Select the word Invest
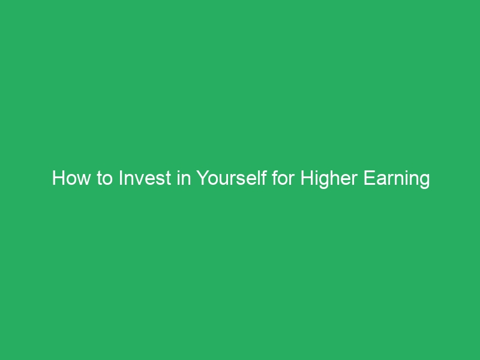click(141, 179)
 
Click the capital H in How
click(58, 179)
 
